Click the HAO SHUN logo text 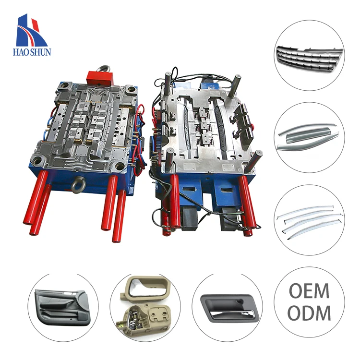[x=32, y=52]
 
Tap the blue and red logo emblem [x=32, y=30]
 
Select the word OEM [x=309, y=291]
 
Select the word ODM [x=309, y=312]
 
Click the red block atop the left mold [x=99, y=79]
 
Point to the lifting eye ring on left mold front [x=78, y=185]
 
